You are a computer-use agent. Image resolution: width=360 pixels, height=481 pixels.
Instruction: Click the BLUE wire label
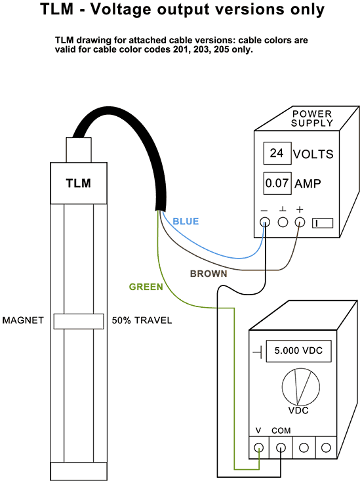click(186, 221)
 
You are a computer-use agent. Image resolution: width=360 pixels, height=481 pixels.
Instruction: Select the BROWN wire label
click(209, 274)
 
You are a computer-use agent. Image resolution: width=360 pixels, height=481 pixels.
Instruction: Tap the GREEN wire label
click(146, 287)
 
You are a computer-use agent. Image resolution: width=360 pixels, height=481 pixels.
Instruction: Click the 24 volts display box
click(277, 153)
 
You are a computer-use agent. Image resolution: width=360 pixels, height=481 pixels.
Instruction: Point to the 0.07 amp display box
click(277, 183)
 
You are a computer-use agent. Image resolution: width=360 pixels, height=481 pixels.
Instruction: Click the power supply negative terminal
click(265, 222)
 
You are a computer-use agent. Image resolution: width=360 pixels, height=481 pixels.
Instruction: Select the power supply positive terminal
click(300, 222)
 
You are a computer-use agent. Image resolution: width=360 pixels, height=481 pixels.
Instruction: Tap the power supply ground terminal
click(283, 222)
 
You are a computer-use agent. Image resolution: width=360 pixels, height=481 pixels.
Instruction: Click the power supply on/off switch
click(323, 223)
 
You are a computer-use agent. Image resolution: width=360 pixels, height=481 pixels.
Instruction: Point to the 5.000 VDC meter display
click(298, 351)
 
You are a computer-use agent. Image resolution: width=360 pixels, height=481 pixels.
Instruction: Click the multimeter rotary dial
click(301, 387)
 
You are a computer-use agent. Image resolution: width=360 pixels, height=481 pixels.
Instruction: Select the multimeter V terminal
click(259, 448)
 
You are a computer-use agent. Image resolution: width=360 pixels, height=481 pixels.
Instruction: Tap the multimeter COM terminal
click(281, 448)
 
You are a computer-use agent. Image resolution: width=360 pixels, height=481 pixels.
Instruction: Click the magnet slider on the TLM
click(79, 321)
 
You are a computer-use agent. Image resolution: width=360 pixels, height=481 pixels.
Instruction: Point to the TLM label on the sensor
click(79, 184)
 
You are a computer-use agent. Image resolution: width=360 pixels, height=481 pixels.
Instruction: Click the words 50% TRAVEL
click(142, 320)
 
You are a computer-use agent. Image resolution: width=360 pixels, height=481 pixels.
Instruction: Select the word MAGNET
click(23, 320)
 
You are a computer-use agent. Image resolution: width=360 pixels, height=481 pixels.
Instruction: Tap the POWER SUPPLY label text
click(312, 118)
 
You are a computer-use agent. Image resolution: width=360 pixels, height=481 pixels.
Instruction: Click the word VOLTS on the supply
click(313, 154)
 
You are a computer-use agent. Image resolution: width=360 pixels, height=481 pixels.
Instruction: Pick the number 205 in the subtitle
click(222, 49)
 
